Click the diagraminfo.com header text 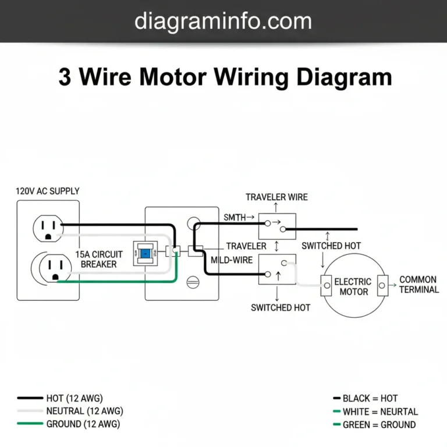[223, 22]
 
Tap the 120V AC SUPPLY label [48, 191]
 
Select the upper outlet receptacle [47, 228]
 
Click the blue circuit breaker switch [145, 254]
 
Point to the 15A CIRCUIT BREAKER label [99, 260]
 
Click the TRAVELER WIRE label [276, 197]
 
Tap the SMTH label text [235, 218]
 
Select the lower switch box [277, 269]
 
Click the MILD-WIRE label [232, 260]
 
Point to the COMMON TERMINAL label [418, 285]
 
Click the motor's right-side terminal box [382, 285]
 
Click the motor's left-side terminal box [325, 285]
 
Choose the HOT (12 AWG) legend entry [74, 399]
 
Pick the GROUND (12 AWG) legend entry [83, 424]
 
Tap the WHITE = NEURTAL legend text [380, 411]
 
